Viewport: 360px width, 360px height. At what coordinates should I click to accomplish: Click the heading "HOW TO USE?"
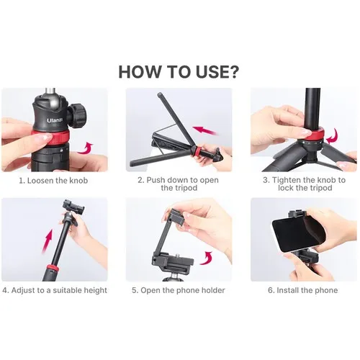(x=179, y=71)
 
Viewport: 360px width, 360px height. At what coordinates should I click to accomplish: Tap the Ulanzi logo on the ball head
(x=55, y=120)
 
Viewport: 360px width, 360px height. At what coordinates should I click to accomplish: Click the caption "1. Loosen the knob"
(x=53, y=181)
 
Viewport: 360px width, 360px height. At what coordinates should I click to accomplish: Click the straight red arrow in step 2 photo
(x=205, y=130)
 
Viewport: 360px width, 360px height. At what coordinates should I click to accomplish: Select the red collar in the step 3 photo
(x=312, y=135)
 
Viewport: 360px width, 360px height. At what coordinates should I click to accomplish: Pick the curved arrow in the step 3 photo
(x=333, y=137)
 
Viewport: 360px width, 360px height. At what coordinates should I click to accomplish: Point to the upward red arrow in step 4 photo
(x=48, y=241)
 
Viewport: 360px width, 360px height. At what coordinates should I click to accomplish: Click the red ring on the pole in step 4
(x=52, y=268)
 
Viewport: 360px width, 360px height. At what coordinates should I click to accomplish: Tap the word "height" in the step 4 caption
(x=94, y=290)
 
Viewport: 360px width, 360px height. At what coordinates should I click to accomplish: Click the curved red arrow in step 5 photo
(x=207, y=258)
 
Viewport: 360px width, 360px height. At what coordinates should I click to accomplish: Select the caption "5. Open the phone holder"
(x=179, y=290)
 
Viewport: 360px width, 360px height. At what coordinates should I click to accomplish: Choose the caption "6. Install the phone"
(x=303, y=290)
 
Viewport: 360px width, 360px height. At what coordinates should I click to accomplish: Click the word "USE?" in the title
(x=217, y=71)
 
